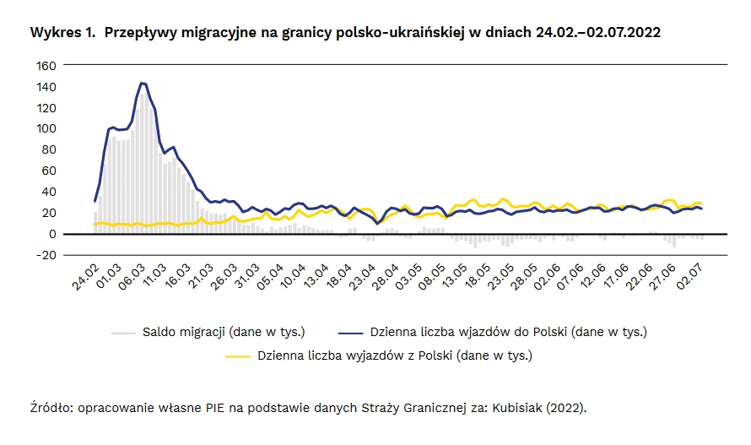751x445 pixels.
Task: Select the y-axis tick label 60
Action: coord(50,171)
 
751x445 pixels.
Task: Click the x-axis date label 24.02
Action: coord(85,276)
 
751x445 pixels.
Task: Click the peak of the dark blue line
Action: coord(142,83)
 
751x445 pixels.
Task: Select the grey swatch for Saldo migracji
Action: coord(123,331)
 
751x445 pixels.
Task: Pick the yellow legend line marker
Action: coord(239,355)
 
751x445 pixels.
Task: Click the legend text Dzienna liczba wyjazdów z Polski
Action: coord(395,355)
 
